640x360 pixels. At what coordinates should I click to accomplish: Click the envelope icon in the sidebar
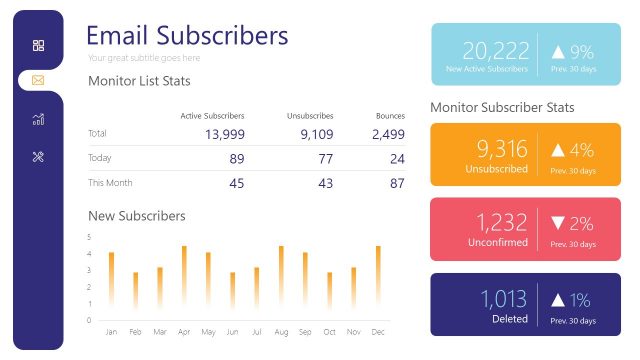coord(38,80)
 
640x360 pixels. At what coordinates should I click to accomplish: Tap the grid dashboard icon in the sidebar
coord(38,45)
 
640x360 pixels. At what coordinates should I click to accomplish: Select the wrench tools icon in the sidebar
coord(38,156)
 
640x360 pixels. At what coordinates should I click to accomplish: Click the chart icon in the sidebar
coord(38,119)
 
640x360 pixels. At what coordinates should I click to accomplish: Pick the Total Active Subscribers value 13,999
coord(224,134)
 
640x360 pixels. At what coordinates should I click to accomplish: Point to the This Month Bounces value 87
coord(397,183)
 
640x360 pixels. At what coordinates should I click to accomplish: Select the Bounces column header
coord(390,116)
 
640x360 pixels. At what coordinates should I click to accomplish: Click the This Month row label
coord(110,183)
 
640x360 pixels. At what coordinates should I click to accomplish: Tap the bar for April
coord(184,276)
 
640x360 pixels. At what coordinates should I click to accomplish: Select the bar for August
coord(281,276)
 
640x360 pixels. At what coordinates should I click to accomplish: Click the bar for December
coord(378,276)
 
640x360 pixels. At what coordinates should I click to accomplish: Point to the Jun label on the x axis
coord(232,332)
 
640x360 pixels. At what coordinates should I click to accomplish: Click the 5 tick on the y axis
coord(89,237)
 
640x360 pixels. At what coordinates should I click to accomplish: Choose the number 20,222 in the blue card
coord(495,51)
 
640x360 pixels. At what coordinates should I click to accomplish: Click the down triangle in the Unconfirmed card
coord(558,224)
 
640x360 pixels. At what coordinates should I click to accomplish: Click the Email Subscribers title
coord(187,36)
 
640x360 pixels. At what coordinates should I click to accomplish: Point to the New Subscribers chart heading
coord(137,216)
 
